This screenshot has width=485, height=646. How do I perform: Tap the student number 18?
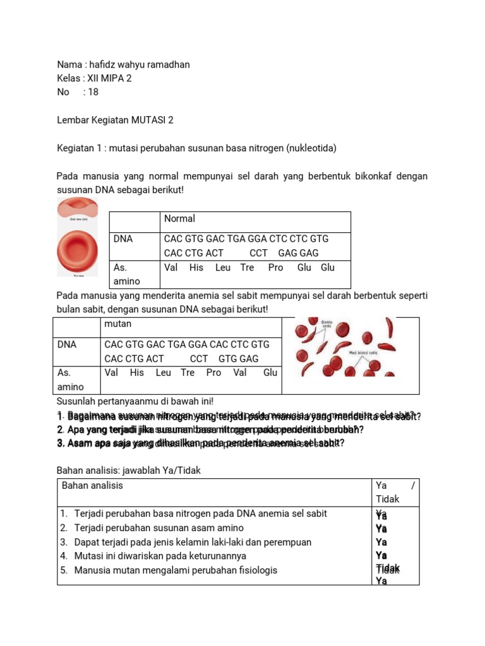(93, 92)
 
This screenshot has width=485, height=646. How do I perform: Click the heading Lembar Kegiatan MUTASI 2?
(115, 120)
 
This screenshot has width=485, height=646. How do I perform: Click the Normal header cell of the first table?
(180, 219)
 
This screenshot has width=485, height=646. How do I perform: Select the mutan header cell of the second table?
(118, 324)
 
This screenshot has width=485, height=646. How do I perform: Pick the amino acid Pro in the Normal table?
(275, 267)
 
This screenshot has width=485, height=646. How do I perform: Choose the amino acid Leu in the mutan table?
(163, 373)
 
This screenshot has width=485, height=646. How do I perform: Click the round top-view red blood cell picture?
(77, 249)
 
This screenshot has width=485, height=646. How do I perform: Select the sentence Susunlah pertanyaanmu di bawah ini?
(135, 401)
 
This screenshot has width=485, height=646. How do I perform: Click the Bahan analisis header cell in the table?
(93, 485)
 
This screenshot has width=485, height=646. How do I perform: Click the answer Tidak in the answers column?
(388, 569)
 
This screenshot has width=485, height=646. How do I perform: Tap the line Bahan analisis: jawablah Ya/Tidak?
(129, 471)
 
